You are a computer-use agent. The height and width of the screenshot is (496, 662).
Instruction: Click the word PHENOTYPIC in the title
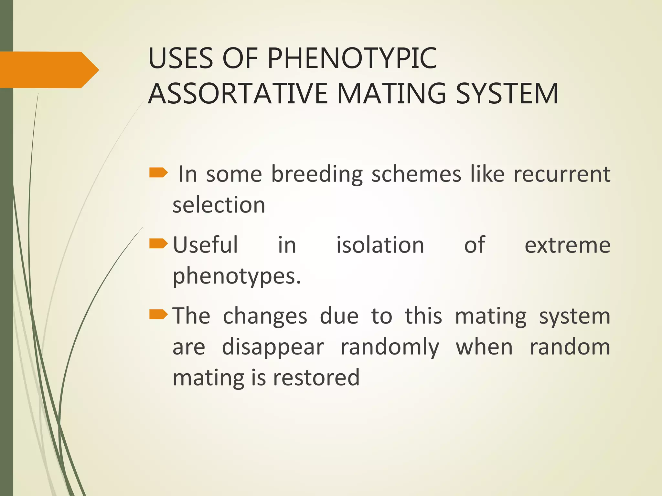click(352, 58)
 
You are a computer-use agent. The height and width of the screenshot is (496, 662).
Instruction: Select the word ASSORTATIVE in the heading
click(238, 94)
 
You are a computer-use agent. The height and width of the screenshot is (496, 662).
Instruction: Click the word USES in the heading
click(180, 58)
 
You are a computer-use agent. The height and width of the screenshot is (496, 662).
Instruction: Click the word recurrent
click(562, 174)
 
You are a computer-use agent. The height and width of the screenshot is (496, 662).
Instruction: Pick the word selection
click(219, 205)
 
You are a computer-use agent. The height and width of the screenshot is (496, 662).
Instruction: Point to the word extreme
click(567, 245)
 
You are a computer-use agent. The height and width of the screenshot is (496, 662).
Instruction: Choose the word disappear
click(273, 348)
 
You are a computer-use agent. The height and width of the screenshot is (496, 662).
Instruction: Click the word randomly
click(390, 348)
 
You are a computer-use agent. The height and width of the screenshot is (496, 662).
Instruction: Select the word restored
click(316, 378)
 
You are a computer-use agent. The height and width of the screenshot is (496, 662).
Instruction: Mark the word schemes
click(416, 174)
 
